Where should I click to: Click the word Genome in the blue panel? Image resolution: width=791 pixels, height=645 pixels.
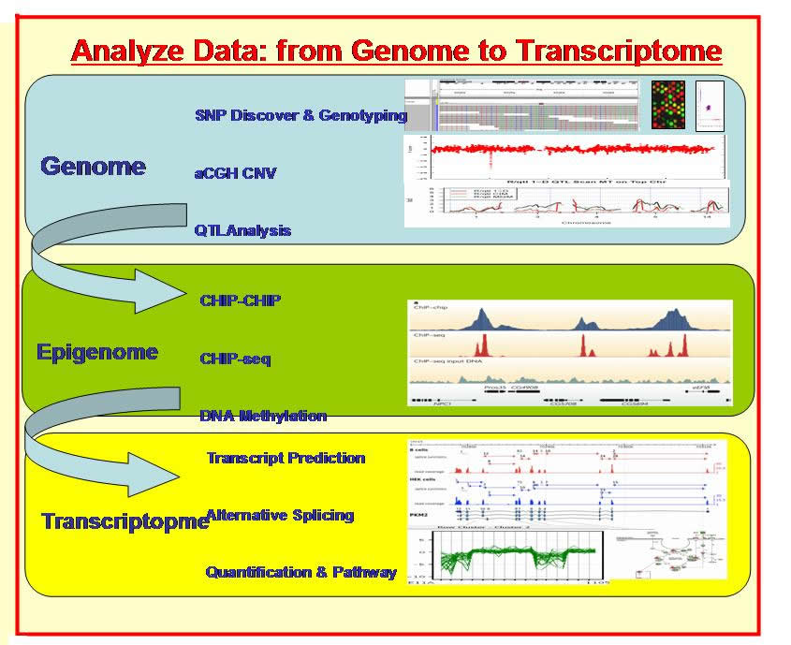tap(93, 167)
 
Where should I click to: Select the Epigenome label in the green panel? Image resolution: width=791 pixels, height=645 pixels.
tap(97, 352)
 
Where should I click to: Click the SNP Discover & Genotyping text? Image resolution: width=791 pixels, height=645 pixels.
tap(300, 116)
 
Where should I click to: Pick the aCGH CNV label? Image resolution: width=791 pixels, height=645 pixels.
tap(235, 172)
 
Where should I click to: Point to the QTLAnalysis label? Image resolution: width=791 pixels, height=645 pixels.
tap(242, 230)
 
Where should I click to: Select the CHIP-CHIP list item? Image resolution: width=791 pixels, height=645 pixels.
tap(241, 301)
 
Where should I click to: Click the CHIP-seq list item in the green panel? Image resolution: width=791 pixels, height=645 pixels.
tap(235, 359)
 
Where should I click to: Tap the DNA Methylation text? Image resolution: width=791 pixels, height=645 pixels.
tap(263, 416)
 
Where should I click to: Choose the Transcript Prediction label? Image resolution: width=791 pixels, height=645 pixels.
tap(286, 458)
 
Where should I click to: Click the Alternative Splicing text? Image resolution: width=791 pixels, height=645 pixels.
tap(280, 515)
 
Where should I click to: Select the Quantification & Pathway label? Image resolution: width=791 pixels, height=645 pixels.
tap(300, 572)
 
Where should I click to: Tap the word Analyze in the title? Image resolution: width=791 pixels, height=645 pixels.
tap(125, 50)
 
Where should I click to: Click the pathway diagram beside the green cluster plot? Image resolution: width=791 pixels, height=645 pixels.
tap(673, 562)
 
